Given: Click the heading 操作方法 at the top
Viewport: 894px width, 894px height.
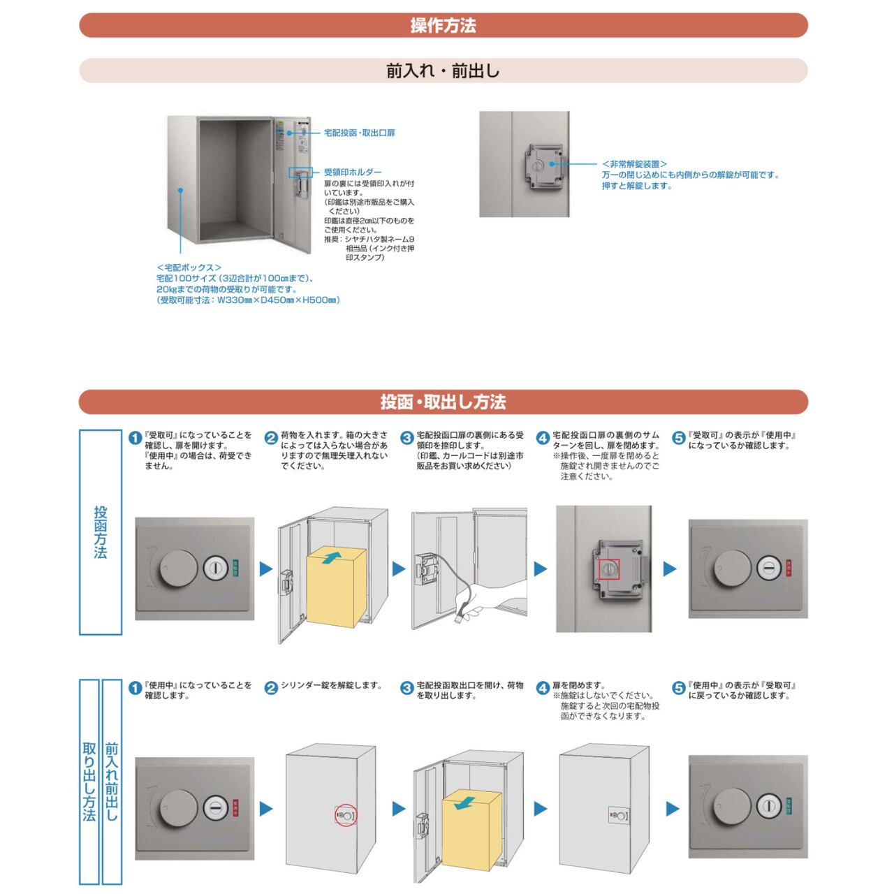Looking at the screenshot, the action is (443, 26).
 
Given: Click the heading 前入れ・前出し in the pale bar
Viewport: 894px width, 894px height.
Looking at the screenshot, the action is (443, 71).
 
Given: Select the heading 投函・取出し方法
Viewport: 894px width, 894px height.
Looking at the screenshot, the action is (443, 402).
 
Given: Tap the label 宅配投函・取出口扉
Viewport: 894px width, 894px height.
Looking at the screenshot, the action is (359, 133).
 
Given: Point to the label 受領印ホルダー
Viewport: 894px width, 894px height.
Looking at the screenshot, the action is (353, 172).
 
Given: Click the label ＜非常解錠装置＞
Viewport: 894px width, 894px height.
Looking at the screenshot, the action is (634, 164).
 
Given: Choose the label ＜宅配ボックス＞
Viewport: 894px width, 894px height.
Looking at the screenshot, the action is (189, 268).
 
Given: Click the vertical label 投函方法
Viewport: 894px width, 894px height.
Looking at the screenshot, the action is (101, 532).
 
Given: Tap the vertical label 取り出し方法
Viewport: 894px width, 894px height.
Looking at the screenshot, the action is (89, 782).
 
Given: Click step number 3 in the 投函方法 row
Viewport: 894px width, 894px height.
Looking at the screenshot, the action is (406, 438).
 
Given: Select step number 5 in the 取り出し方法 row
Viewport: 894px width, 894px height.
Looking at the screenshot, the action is (678, 689).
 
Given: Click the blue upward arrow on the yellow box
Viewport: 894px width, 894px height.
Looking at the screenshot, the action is (333, 556).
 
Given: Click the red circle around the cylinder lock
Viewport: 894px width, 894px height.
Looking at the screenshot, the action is (345, 814).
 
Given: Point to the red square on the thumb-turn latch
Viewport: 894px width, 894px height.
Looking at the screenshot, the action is (609, 570).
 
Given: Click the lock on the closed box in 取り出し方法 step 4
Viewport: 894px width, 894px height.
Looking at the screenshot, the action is (618, 814).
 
